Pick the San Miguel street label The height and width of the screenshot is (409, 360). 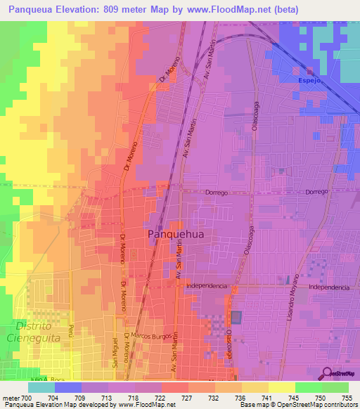point(115,351)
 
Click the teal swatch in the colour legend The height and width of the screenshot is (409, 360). point(41,387)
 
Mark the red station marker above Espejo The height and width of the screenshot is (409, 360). point(310,70)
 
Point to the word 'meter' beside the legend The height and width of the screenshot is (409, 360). point(11,398)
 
